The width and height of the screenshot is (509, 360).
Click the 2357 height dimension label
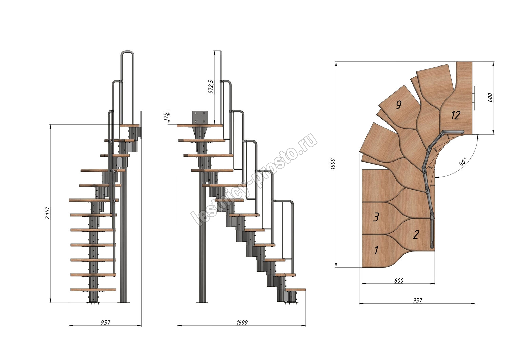point(47,213)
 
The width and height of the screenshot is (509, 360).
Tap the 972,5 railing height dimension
point(211,87)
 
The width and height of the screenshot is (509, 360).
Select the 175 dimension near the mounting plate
point(166,117)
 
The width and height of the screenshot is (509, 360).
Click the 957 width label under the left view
point(106,322)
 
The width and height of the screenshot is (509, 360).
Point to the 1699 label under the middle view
point(242,322)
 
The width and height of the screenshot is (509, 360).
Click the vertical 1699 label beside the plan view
point(333,164)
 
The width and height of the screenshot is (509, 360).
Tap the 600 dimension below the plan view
point(399,281)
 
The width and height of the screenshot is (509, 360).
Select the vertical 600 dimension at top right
point(490,97)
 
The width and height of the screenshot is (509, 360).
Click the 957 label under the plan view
point(418,301)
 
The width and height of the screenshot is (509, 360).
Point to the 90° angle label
point(463,162)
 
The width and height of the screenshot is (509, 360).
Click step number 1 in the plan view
point(376,250)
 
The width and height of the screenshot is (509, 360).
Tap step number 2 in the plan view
point(416,234)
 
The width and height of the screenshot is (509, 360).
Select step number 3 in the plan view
point(376,217)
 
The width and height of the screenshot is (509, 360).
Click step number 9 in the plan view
point(399,105)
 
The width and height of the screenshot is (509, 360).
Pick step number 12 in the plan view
point(456,115)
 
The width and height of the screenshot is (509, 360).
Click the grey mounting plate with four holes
point(200,117)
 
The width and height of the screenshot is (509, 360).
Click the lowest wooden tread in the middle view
point(296,290)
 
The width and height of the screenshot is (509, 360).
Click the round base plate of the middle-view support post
point(202,303)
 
